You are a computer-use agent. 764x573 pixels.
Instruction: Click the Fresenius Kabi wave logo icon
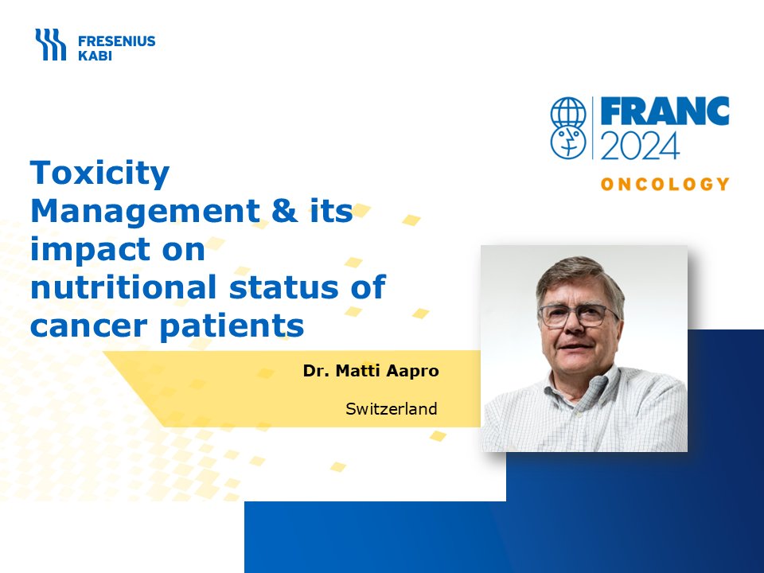[50, 45]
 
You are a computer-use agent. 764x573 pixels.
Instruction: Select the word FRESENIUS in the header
[117, 41]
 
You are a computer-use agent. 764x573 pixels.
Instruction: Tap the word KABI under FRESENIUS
[95, 56]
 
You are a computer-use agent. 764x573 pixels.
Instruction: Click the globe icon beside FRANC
[568, 112]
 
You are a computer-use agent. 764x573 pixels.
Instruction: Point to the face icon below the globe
[568, 142]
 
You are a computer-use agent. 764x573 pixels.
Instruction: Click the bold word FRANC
[665, 111]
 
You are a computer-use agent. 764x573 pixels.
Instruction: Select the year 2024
[640, 146]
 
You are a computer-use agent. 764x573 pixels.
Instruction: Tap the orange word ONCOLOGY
[665, 184]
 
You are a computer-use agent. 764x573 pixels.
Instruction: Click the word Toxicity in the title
[100, 173]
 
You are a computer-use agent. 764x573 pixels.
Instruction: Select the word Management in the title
[145, 210]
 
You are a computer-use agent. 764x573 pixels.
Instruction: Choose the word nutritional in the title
[123, 286]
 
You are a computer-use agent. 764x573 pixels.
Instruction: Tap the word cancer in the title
[88, 326]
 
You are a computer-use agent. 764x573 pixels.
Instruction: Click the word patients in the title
[232, 326]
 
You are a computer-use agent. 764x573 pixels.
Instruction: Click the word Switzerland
[392, 409]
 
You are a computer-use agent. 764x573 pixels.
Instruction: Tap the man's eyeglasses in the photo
[579, 315]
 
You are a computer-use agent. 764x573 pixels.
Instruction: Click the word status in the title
[283, 286]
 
